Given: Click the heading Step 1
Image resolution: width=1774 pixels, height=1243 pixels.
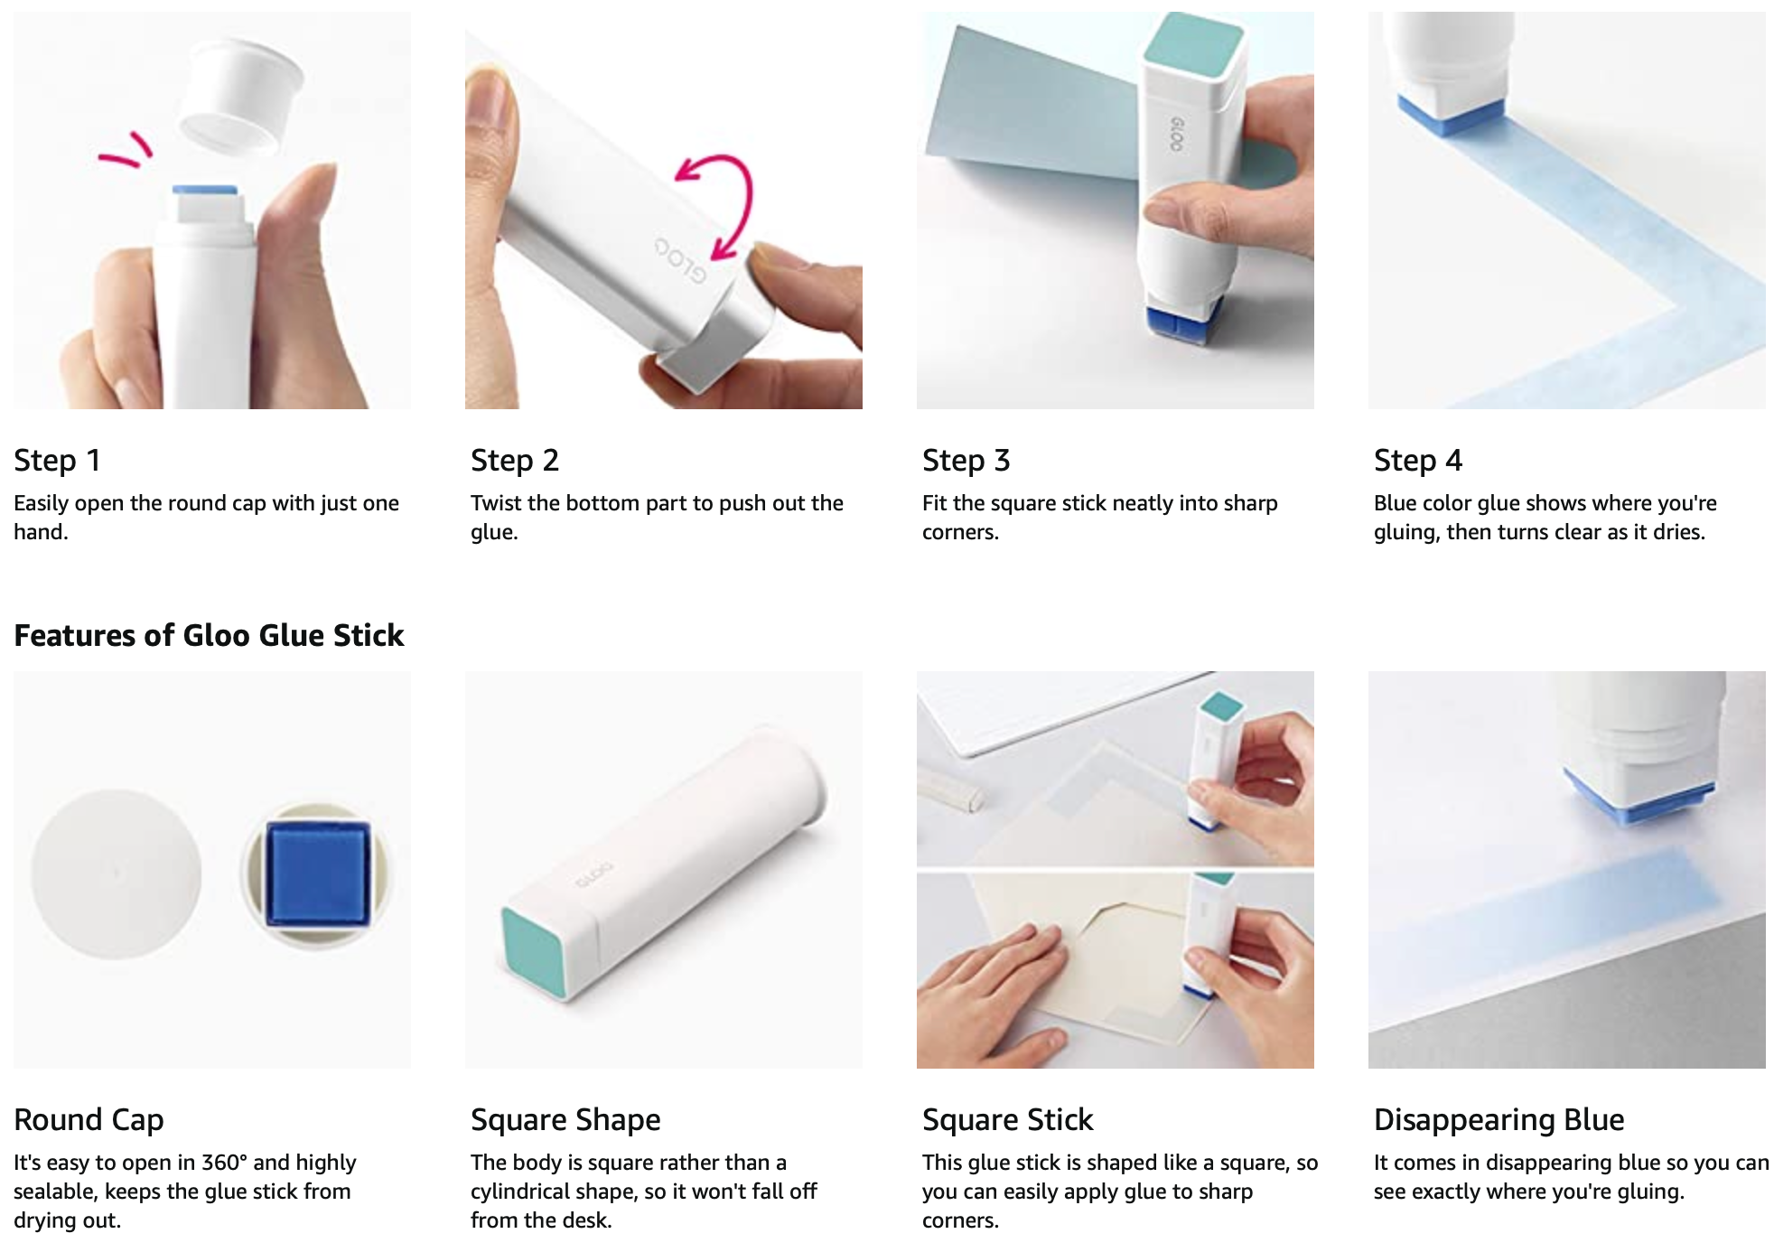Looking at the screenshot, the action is [x=57, y=461].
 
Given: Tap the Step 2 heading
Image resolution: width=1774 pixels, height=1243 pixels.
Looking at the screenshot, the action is [x=515, y=461].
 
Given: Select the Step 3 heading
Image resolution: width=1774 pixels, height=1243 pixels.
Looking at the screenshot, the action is [x=966, y=461].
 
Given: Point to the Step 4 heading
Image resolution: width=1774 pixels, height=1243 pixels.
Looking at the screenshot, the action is [x=1418, y=461].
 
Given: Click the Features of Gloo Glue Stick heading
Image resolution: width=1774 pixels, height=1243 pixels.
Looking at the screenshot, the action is [x=209, y=635].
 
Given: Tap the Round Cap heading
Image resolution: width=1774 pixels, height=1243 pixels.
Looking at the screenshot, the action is [x=89, y=1120].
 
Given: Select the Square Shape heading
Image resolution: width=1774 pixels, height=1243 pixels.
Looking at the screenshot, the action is [x=565, y=1120].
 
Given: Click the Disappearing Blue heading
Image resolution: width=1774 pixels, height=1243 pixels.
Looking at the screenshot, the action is [x=1499, y=1120].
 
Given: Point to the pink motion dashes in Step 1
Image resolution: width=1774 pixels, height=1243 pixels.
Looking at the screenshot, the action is [x=127, y=151].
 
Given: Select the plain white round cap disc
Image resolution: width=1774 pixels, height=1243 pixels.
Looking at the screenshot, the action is [x=116, y=874].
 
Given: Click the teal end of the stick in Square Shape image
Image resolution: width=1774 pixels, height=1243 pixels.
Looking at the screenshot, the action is [x=534, y=952].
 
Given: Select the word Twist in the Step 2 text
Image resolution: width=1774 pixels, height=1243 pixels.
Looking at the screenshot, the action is [x=498, y=503].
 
